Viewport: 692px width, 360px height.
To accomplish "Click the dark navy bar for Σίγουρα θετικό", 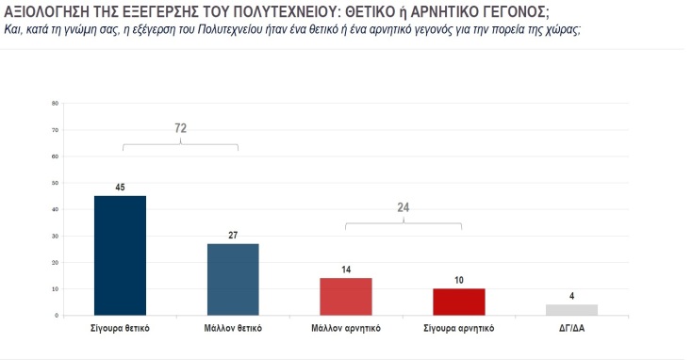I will (120, 254).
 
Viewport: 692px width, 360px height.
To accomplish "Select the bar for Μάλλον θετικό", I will (233, 279).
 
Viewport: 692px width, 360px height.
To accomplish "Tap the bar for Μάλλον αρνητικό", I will (346, 296).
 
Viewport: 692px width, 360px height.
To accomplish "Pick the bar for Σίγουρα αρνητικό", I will (458, 302).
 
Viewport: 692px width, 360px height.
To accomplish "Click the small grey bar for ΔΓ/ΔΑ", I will (571, 309).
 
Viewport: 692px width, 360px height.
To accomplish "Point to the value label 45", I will (120, 187).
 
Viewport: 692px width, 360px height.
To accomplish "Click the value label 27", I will (233, 235).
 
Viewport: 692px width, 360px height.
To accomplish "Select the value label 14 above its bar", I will (346, 270).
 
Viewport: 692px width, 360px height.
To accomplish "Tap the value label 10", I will (458, 280).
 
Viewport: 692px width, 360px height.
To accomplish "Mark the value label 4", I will (571, 296).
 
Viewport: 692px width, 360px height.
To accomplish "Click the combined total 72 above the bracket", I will (180, 127).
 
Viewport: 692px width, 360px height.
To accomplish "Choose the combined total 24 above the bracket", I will (403, 207).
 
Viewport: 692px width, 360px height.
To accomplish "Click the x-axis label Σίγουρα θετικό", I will (120, 329).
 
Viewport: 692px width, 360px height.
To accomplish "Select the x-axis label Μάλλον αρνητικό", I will (346, 329).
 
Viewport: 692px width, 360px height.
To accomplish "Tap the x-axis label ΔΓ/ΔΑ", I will (571, 329).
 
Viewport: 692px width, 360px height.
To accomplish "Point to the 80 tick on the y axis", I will (55, 103).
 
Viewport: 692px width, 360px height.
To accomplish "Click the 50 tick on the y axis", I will (55, 182).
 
